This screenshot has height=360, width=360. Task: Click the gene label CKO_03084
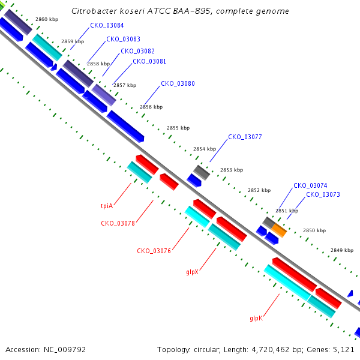[107, 25]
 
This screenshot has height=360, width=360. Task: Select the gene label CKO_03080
[178, 83]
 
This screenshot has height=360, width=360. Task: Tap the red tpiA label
[107, 206]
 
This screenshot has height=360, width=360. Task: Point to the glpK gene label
[256, 318]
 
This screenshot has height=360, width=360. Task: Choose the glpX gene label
[192, 272]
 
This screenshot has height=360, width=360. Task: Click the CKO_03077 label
[245, 137]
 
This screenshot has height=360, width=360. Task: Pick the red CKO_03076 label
[154, 251]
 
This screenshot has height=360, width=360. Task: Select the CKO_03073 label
[323, 194]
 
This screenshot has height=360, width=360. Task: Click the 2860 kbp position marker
[47, 19]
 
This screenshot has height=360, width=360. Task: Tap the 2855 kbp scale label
[178, 128]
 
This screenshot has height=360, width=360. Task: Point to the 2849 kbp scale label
[342, 250]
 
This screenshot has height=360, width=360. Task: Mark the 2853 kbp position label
[232, 170]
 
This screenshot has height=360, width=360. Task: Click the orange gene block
[279, 230]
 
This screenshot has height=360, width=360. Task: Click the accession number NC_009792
[65, 350]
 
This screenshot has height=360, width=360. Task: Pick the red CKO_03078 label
[118, 223]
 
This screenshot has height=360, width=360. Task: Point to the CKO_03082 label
[137, 51]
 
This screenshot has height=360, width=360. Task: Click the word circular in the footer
[207, 350]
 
